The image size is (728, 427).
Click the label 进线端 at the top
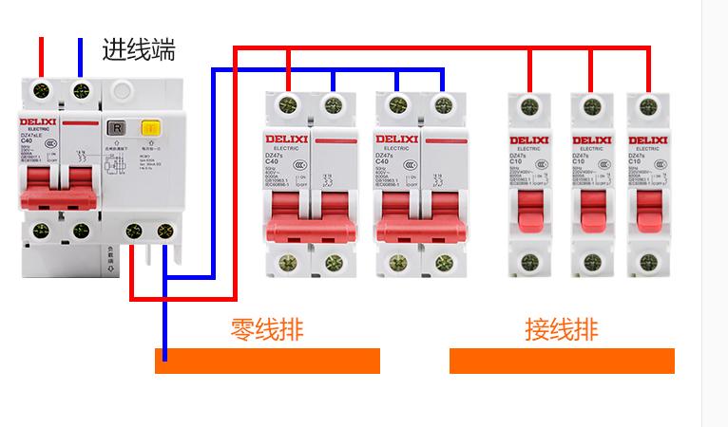click(139, 49)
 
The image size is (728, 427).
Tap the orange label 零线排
click(267, 329)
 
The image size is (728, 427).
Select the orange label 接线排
click(562, 329)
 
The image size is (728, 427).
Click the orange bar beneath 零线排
click(267, 361)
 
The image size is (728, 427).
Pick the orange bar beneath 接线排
click(562, 361)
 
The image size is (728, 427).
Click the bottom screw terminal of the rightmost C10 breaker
click(650, 259)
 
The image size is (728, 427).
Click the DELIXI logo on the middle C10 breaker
click(589, 140)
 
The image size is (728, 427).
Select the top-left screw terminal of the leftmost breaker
click(40, 91)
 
